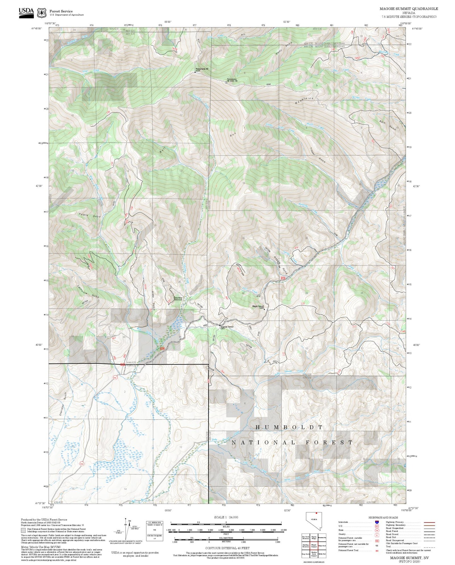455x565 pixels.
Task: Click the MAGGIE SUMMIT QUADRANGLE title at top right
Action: [x=409, y=9]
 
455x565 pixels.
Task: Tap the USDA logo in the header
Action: [x=26, y=12]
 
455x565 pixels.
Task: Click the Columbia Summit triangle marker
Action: [x=220, y=325]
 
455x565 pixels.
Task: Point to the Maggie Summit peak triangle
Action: [x=264, y=309]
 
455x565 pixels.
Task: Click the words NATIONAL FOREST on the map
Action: [x=292, y=442]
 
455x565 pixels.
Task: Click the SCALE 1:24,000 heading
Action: [x=226, y=517]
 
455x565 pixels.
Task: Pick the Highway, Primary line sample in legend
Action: [x=429, y=522]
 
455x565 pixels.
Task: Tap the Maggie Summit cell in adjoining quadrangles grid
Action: [x=314, y=545]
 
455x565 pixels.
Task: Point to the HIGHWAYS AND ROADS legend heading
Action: [x=383, y=517]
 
